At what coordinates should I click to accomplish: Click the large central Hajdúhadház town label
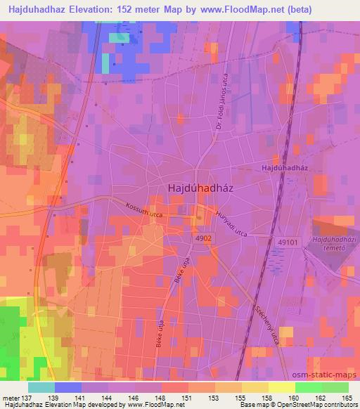tap(201, 188)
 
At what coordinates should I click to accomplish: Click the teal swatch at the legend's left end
tap(41, 387)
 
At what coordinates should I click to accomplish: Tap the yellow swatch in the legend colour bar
tap(281, 387)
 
